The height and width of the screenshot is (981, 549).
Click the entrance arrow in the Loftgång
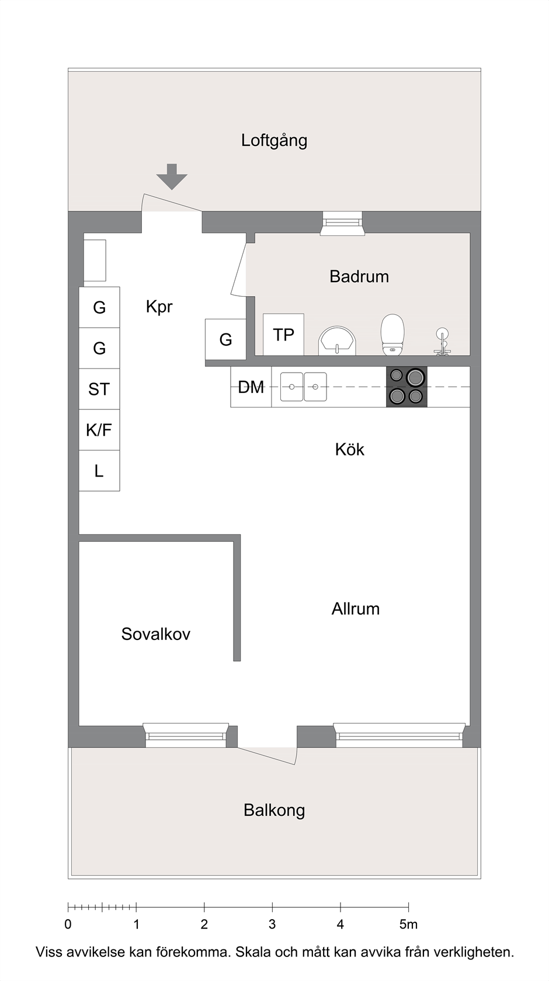(x=172, y=176)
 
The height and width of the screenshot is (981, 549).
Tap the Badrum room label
(x=359, y=277)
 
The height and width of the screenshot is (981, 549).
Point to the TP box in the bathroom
(x=283, y=335)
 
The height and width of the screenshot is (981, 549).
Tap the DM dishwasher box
(x=251, y=387)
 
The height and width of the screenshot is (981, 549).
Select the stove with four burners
(x=406, y=387)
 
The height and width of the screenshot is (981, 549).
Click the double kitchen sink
(x=304, y=387)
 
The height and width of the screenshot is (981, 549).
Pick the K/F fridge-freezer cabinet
(x=99, y=430)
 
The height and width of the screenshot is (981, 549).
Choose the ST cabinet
(x=99, y=389)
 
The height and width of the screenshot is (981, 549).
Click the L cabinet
(x=99, y=471)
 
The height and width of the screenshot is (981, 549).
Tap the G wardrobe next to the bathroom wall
(x=225, y=339)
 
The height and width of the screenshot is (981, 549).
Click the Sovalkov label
(x=156, y=634)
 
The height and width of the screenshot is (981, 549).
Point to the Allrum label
(x=356, y=608)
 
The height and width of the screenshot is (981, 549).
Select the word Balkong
(x=274, y=810)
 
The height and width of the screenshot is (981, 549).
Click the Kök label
(x=350, y=450)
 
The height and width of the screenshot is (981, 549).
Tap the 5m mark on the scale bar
(x=408, y=924)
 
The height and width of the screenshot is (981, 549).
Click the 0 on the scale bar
(x=68, y=924)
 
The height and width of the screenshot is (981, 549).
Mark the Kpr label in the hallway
(x=159, y=307)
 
